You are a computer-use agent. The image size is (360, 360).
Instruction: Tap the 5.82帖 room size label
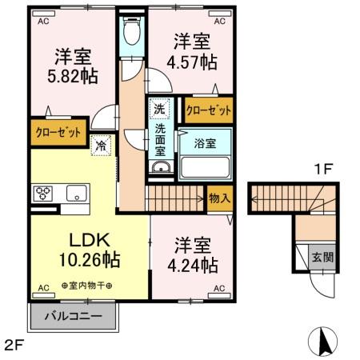coord(73,78)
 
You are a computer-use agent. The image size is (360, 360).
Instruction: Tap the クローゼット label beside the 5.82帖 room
coord(58,133)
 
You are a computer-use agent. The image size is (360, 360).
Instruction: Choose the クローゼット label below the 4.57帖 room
coord(208,110)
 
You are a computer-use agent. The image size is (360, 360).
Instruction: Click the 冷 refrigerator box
coord(101,146)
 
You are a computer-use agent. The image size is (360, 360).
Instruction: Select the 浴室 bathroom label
coord(206,145)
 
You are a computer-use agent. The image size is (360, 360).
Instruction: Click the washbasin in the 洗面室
coord(160,167)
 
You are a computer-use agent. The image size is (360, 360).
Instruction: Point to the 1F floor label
coord(322,169)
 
